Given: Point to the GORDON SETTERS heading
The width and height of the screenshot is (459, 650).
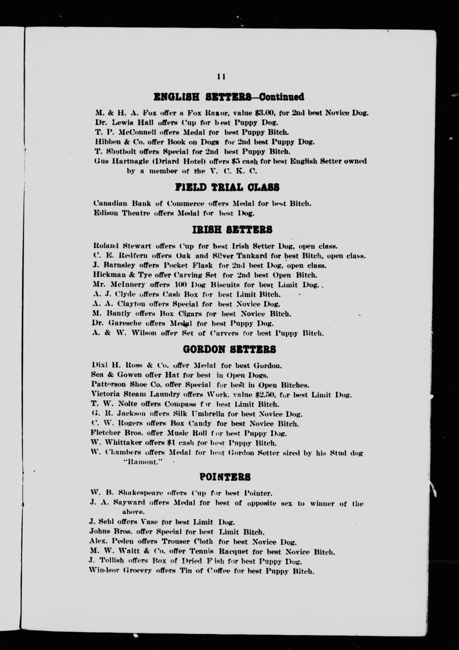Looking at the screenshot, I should pyautogui.click(x=229, y=349).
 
